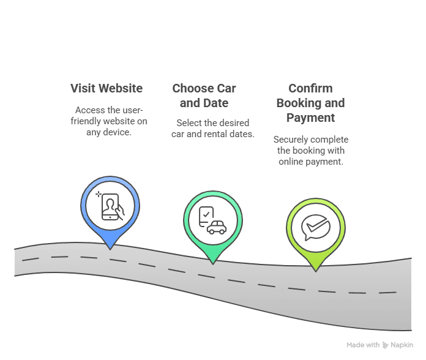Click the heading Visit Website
coord(106,88)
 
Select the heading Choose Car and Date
coord(204,96)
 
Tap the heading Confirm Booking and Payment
coord(310,103)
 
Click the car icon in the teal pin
coord(217,227)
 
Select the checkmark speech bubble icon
coord(316,227)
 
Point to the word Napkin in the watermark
coord(402,345)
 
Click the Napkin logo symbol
coord(385,345)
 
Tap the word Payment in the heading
coord(310,118)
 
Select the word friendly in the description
coord(86,121)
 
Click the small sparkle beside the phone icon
coord(99,193)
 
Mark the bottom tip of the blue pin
coord(110,250)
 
